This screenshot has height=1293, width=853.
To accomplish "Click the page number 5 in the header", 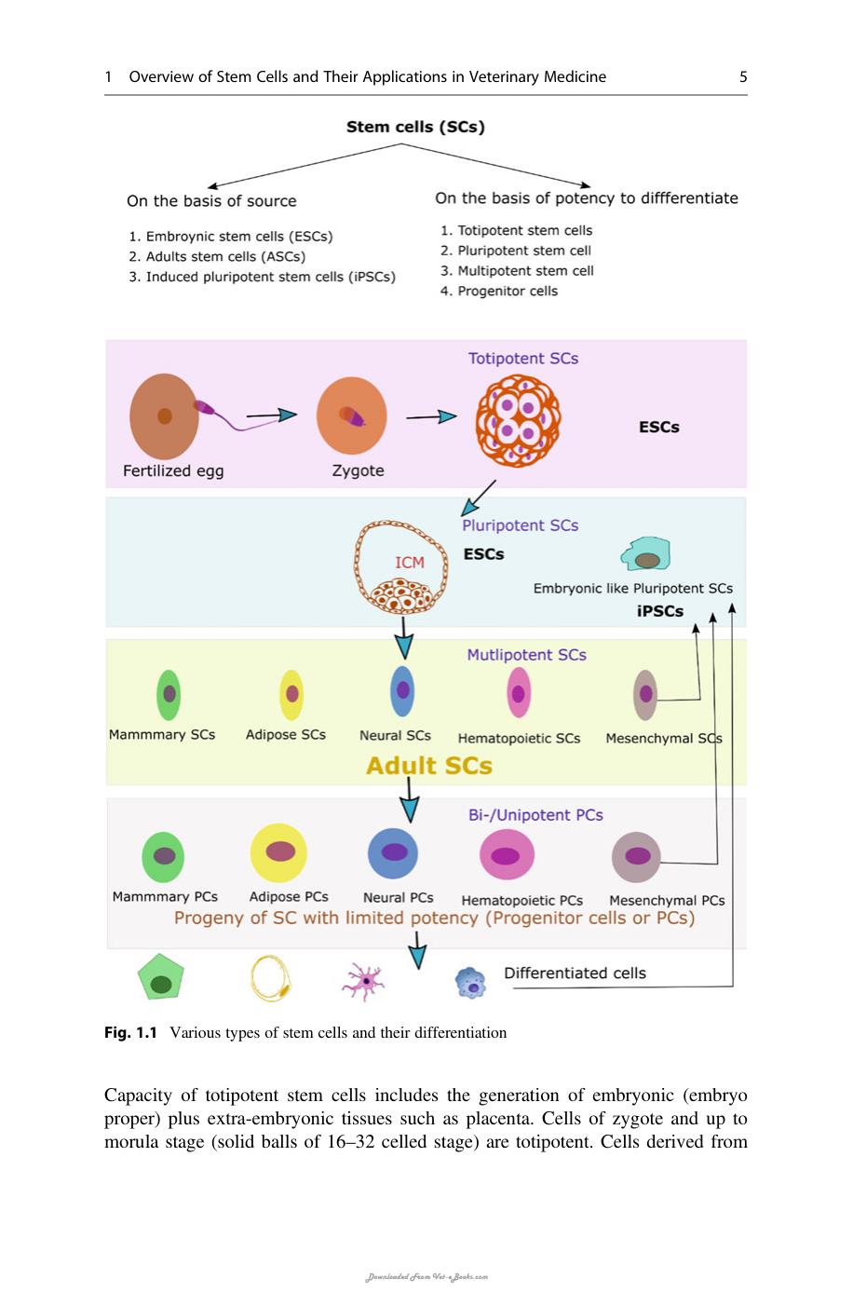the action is (x=743, y=76).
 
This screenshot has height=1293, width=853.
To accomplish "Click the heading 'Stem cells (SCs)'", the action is (x=415, y=127).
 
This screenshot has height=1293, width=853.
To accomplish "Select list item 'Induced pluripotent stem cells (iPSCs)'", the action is (x=262, y=277).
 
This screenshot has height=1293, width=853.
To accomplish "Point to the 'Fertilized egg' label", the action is (x=173, y=471).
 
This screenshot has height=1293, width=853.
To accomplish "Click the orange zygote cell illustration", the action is (x=351, y=415).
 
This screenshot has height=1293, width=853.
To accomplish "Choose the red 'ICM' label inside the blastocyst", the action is (x=409, y=563).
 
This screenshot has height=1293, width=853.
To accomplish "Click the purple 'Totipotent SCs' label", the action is (x=522, y=359).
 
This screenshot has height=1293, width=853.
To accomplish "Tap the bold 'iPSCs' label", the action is (x=659, y=611).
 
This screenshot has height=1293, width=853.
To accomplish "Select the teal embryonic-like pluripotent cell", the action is (x=646, y=553).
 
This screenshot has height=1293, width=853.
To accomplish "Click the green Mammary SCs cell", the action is (x=169, y=695).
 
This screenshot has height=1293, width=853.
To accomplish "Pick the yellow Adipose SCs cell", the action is (x=291, y=695).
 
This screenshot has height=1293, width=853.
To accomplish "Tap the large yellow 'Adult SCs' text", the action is (x=428, y=766).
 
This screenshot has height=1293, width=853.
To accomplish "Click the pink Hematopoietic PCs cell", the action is (x=507, y=855).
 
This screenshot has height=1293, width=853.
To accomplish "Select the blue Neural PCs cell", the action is (x=392, y=853).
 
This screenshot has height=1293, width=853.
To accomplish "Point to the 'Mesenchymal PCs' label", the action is (x=667, y=901).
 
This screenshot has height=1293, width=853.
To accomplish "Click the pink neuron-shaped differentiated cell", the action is (x=363, y=981).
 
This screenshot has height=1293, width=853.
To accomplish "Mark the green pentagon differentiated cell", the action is (x=161, y=977).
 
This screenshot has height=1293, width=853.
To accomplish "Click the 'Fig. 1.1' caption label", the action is (x=130, y=1033).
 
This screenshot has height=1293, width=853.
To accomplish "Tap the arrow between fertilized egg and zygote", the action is (x=271, y=415).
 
